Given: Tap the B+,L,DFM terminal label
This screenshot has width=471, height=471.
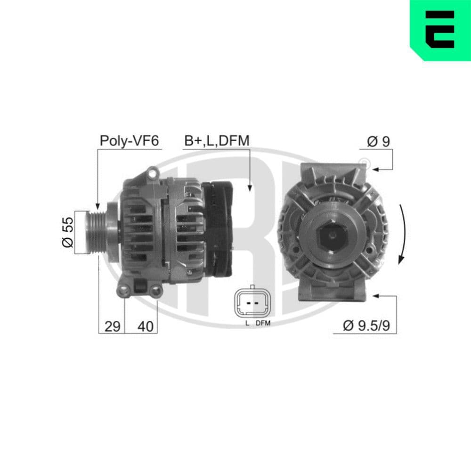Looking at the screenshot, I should pos(217,141).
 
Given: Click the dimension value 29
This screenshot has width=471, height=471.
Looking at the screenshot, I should pos(112,326).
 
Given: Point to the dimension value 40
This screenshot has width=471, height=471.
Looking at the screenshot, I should pos(146,326).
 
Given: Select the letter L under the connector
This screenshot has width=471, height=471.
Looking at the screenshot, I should pos(246,324).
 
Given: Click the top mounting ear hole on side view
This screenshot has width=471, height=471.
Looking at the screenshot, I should pos(152,173).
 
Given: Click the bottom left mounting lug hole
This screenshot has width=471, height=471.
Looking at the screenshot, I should pos(124,292).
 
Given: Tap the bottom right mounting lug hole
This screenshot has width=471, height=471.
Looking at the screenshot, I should pos(156,292).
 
